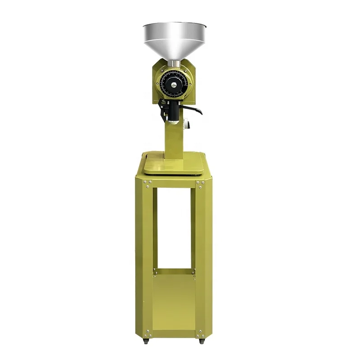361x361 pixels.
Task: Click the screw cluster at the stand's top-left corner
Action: [x=147, y=184]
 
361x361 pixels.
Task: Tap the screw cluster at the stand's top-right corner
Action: [x=200, y=184]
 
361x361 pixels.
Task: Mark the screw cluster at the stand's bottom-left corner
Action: [x=147, y=334]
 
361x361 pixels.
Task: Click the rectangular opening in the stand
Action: [x=173, y=228]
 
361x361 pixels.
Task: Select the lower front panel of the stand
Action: [x=173, y=302]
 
